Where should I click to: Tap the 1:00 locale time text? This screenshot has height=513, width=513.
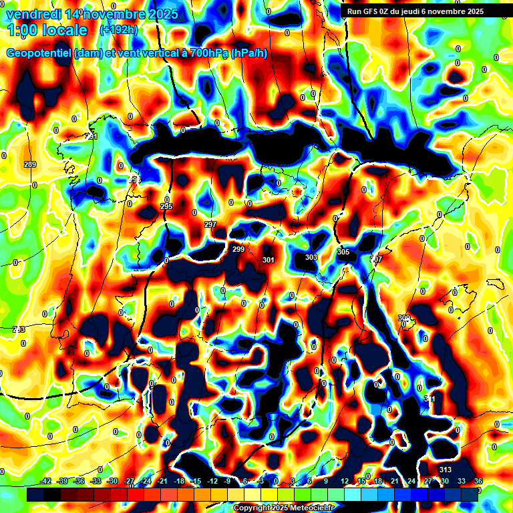click(48, 31)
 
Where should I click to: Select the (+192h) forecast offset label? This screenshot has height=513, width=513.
click(119, 29)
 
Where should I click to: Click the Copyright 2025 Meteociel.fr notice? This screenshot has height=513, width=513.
click(283, 508)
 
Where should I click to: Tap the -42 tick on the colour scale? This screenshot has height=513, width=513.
click(47, 481)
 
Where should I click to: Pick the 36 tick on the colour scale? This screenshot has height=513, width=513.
click(478, 481)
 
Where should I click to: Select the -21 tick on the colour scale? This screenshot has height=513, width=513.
click(163, 481)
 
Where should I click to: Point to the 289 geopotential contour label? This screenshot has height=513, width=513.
click(30, 164)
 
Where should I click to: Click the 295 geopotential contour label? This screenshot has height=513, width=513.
click(167, 206)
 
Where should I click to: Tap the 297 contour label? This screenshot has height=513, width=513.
click(210, 224)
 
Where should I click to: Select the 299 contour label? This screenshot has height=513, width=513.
click(238, 249)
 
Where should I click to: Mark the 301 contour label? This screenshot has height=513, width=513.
click(269, 260)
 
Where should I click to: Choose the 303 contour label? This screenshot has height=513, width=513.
click(311, 257)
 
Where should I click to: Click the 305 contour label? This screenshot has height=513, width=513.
click(343, 252)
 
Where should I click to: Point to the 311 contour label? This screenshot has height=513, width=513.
click(430, 399)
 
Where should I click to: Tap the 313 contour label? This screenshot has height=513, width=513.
click(446, 469)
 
